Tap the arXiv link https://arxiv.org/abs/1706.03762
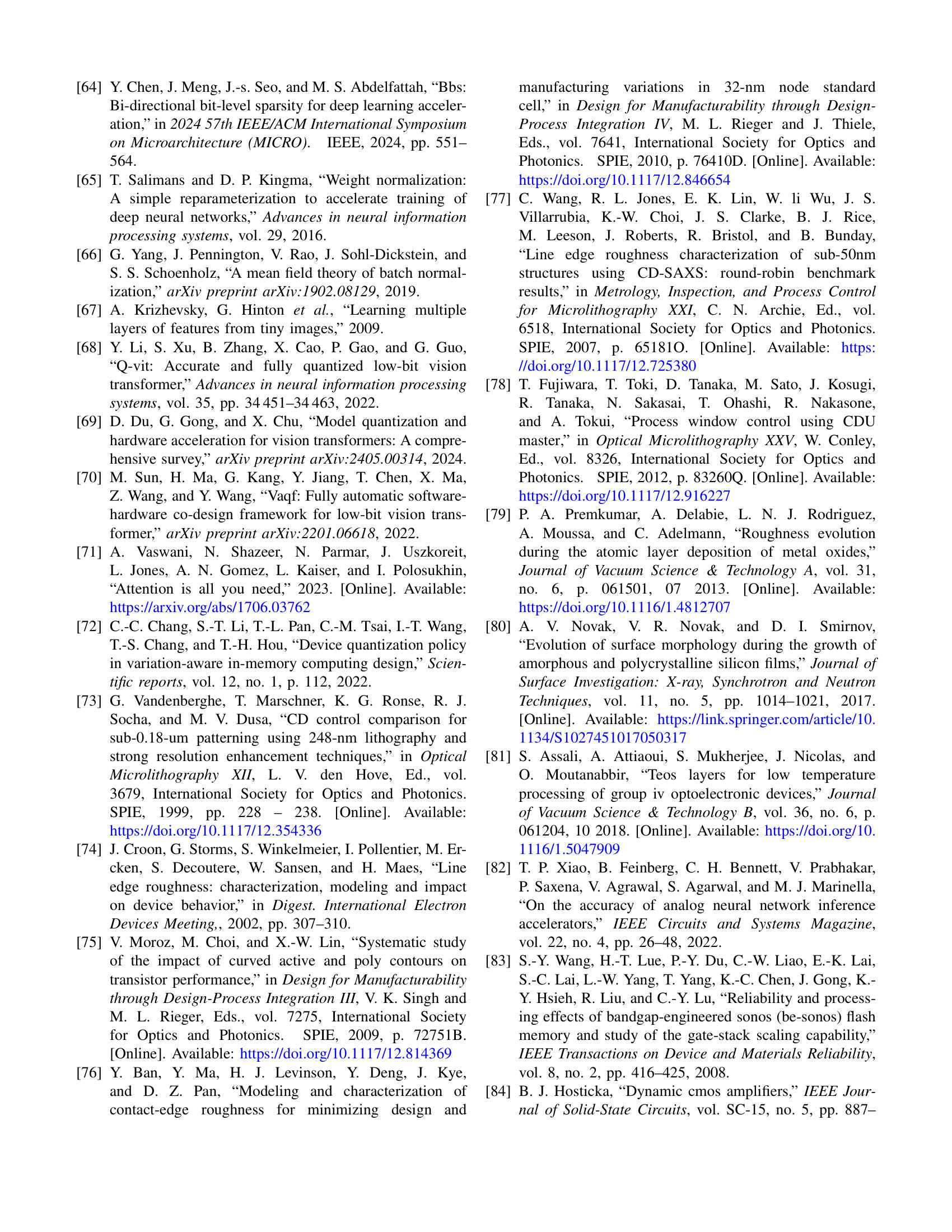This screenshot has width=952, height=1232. click(x=210, y=608)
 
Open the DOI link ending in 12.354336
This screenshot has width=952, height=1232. click(x=216, y=831)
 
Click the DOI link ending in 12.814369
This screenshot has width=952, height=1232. click(x=345, y=1054)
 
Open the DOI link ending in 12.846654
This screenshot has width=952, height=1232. click(x=624, y=180)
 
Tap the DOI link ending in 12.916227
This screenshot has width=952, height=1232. click(x=624, y=496)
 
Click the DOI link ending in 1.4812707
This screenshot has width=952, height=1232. click(x=624, y=608)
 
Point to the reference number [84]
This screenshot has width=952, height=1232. click(x=498, y=1091)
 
